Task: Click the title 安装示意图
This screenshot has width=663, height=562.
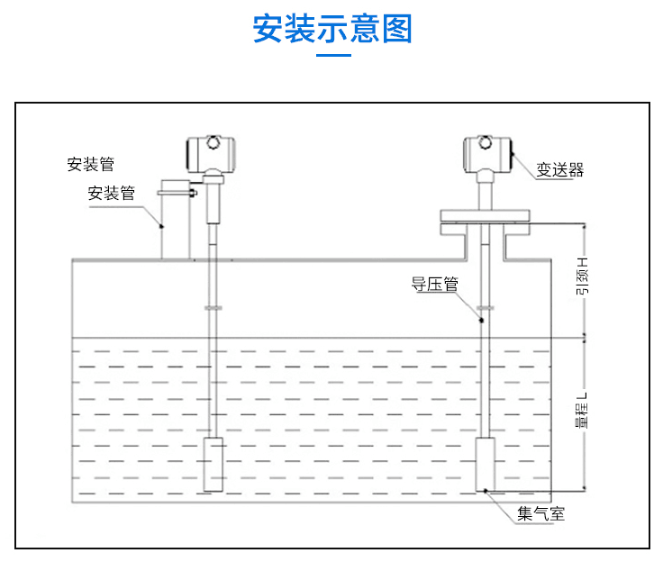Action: tap(331, 29)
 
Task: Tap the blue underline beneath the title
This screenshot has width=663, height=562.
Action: tap(331, 56)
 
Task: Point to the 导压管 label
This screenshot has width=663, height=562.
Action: tap(435, 286)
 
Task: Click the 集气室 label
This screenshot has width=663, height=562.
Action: tap(540, 514)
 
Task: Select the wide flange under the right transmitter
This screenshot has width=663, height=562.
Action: tap(487, 215)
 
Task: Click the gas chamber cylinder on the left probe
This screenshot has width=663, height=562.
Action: tap(213, 464)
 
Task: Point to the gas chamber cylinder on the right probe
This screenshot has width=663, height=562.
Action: tap(487, 464)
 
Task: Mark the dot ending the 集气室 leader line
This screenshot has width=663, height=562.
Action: tap(487, 491)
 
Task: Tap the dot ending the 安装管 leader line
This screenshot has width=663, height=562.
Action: tap(162, 226)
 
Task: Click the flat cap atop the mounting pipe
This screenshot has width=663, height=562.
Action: tap(176, 191)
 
